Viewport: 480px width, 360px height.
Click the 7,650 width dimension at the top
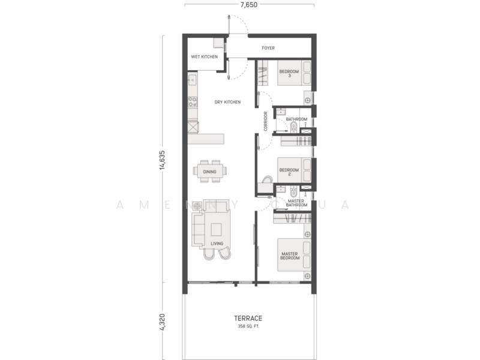tap(249, 4)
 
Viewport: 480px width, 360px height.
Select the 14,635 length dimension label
tap(162, 160)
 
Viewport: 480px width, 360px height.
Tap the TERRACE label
tap(249, 319)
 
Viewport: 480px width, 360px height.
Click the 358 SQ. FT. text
tap(249, 327)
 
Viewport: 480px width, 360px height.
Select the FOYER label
tap(268, 47)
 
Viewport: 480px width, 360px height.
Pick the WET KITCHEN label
tap(204, 57)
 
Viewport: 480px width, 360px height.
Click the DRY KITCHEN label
tap(227, 102)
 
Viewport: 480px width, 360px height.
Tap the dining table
tap(210, 171)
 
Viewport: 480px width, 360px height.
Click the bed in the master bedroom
tap(294, 257)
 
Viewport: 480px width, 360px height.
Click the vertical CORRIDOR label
tap(265, 121)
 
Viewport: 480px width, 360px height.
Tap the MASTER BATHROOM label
tap(295, 203)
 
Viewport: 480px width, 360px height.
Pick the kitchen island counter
tap(205, 139)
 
